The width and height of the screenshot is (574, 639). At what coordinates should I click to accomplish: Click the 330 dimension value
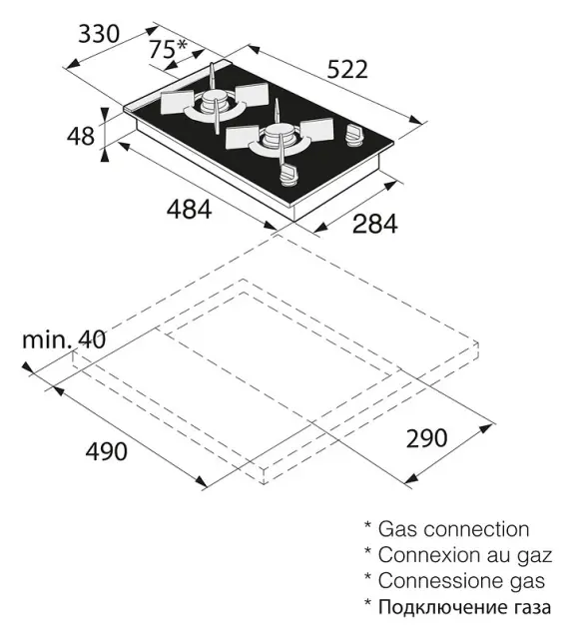coord(99,34)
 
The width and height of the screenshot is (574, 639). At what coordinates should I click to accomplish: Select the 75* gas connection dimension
coord(167,49)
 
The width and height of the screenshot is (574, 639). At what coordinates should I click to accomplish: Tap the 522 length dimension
coord(347,69)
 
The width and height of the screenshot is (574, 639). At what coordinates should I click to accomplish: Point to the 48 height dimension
coord(81,136)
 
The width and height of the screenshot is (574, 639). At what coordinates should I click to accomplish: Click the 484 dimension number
coord(189,210)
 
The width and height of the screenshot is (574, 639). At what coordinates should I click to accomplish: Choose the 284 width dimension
coord(374,224)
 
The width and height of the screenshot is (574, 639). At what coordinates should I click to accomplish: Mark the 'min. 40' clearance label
coord(64,339)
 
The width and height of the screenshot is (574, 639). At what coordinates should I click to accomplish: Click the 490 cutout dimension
coord(107,451)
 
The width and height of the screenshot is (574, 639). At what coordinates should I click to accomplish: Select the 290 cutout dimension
coord(427,438)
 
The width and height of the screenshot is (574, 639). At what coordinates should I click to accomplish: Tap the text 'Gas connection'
coord(454,529)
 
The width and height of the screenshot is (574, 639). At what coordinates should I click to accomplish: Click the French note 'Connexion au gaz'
coord(465,555)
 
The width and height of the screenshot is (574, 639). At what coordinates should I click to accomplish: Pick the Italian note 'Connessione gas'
coord(461,581)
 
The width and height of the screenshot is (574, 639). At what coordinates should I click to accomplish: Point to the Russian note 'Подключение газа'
coord(464,607)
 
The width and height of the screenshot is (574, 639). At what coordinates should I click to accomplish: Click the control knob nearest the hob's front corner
coord(288,176)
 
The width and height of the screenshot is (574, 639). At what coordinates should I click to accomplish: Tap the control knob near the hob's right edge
coord(353,136)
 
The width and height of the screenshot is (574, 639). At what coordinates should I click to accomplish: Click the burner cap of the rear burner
coord(213,100)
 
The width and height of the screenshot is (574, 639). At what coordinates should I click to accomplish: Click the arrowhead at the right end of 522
coord(416,120)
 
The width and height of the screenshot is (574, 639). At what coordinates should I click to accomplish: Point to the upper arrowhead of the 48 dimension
coord(104,115)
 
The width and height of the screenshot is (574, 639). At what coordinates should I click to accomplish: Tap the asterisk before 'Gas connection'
coord(368,525)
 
